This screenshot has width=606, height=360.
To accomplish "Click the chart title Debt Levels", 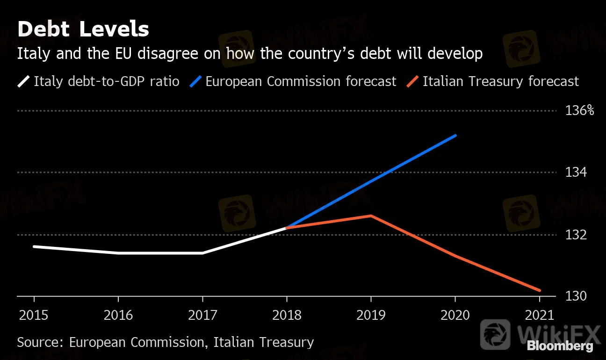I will tap(83, 29).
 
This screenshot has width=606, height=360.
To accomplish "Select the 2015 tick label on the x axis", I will tap(34, 315).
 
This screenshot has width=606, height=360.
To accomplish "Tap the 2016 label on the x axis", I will tap(118, 315).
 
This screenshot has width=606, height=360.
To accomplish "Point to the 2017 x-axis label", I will tap(202, 315).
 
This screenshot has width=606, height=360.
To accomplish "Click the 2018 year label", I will tap(287, 315).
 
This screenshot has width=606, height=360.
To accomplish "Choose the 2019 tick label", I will tap(371, 315).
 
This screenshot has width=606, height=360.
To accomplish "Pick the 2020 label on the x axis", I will tap(455, 315).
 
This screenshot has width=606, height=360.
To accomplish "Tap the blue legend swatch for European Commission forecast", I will tap(195, 81).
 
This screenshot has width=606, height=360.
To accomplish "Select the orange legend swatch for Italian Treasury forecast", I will tap(412, 81).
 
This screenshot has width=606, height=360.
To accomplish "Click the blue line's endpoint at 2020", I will tap(455, 136).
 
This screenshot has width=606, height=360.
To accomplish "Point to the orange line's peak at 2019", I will tap(371, 216).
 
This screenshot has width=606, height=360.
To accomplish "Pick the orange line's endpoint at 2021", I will tap(540, 290).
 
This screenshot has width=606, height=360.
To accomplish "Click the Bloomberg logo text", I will tap(560, 346).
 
